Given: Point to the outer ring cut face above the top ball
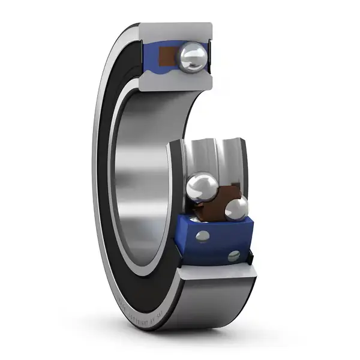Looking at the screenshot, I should coord(176,31).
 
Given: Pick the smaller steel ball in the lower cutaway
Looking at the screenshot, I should coord(236,209).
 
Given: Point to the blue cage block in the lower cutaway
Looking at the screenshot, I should coord(216,240).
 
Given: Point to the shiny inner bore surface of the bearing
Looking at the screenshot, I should coord(141,180).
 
